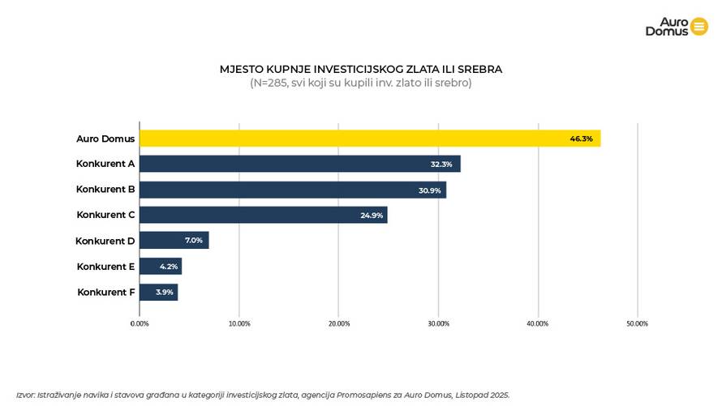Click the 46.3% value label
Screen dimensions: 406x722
click(581, 139)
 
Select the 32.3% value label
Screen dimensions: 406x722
click(441, 164)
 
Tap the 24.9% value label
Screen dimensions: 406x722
click(372, 215)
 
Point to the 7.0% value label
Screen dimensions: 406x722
click(193, 241)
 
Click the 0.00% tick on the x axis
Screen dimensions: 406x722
click(140, 323)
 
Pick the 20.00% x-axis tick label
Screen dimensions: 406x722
click(339, 323)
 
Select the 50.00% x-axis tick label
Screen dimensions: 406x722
click(637, 323)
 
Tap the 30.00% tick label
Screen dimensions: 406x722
click(438, 323)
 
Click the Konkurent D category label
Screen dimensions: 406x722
click(105, 241)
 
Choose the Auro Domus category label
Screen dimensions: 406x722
click(105, 139)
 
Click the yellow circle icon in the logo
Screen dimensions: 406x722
click(699, 26)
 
